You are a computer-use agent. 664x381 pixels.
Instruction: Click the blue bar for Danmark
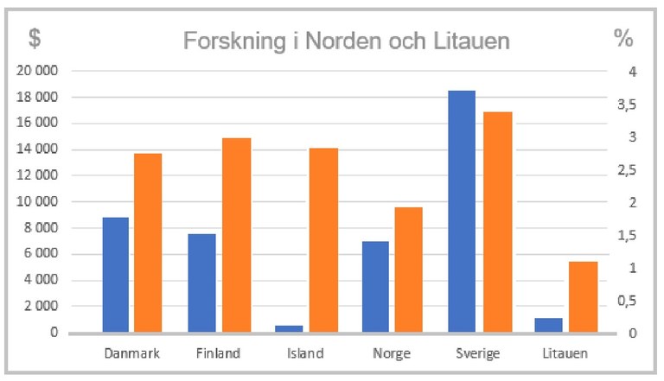pos(115,275)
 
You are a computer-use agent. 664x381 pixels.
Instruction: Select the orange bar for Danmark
pos(148,243)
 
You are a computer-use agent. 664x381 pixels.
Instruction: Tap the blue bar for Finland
pos(201,283)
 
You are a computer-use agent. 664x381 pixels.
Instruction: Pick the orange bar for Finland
pos(235,235)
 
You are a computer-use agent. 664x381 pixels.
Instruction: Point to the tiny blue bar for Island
pos(288,328)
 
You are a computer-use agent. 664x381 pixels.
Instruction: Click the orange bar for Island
pos(322,240)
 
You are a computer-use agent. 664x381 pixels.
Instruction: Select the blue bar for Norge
pos(375,287)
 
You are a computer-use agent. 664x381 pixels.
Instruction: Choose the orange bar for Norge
pos(409,270)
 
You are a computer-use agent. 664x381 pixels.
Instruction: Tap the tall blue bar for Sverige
pos(462,211)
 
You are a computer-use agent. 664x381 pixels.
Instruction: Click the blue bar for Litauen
pos(548,325)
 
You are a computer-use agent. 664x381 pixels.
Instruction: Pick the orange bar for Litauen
pos(584,296)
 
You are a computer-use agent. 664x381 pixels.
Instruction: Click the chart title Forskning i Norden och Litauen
pos(346,41)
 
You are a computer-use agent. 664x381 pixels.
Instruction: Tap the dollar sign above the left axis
pos(34,38)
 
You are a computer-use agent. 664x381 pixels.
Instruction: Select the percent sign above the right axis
pos(623,38)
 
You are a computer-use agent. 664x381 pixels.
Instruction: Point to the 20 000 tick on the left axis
pos(37,71)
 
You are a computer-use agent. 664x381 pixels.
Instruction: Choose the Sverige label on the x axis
pos(478,352)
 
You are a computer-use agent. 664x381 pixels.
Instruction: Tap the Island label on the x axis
pos(304,352)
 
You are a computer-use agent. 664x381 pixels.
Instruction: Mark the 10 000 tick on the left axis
pos(37,201)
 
